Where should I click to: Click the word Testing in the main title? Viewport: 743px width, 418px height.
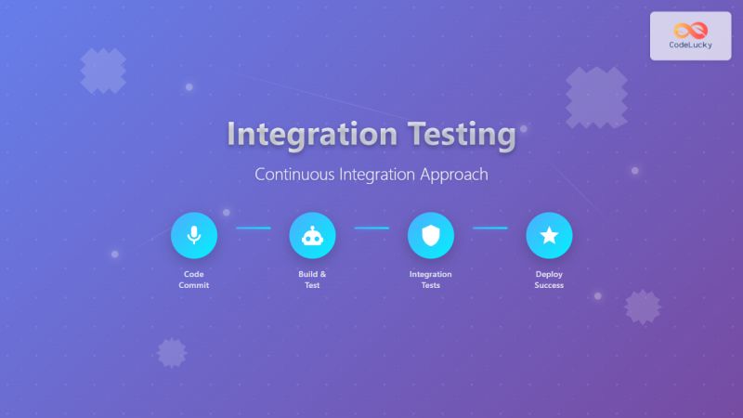tap(461, 134)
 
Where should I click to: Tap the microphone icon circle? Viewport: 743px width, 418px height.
tap(194, 236)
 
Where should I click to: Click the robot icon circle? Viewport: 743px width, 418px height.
tap(312, 236)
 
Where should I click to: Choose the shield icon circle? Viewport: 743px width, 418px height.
tap(431, 236)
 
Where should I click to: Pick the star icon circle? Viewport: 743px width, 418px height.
tap(549, 236)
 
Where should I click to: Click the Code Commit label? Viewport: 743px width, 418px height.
tap(194, 280)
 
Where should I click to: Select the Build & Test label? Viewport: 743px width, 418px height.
tap(312, 280)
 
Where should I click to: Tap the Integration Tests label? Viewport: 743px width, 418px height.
tap(431, 280)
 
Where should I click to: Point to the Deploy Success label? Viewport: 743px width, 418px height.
tap(549, 280)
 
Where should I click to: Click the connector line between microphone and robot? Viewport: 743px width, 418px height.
tap(253, 228)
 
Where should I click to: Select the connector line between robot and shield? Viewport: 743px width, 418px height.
tap(371, 228)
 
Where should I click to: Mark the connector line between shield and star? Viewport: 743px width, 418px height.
tap(489, 228)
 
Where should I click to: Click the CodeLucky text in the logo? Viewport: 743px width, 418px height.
tap(690, 45)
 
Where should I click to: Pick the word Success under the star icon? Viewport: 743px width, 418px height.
tap(549, 285)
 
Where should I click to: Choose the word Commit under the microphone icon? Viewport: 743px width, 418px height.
tap(194, 285)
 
